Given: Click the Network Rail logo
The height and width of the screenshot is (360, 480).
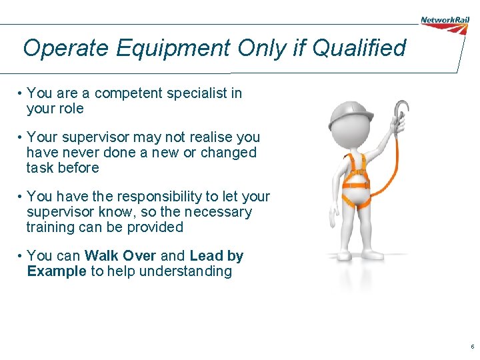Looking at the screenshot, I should click(445, 20).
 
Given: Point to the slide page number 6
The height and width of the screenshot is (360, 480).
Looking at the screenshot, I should click(472, 347).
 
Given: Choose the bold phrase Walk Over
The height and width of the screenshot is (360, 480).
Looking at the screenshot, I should click(121, 255).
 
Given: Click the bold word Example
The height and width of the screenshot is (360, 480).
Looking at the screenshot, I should click(57, 271).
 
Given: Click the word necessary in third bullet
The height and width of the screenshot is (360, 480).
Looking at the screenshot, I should click(220, 211).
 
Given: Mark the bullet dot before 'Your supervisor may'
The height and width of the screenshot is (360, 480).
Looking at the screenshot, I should click(22, 137).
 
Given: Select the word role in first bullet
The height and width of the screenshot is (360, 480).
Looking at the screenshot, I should click(71, 109).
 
